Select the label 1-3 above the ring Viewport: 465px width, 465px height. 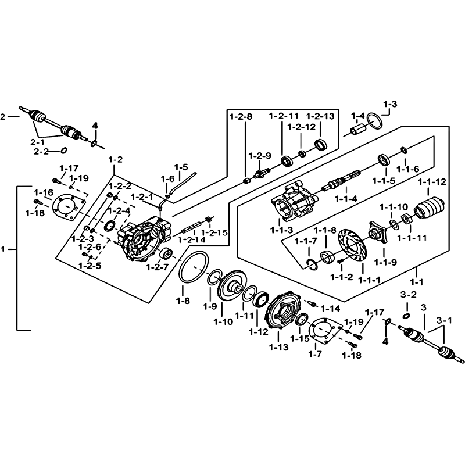point(389,105)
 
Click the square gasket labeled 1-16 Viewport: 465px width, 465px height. point(68,209)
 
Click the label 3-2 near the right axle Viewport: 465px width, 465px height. point(409,295)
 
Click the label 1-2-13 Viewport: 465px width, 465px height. point(321,117)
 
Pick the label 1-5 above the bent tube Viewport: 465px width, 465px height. point(181,167)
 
